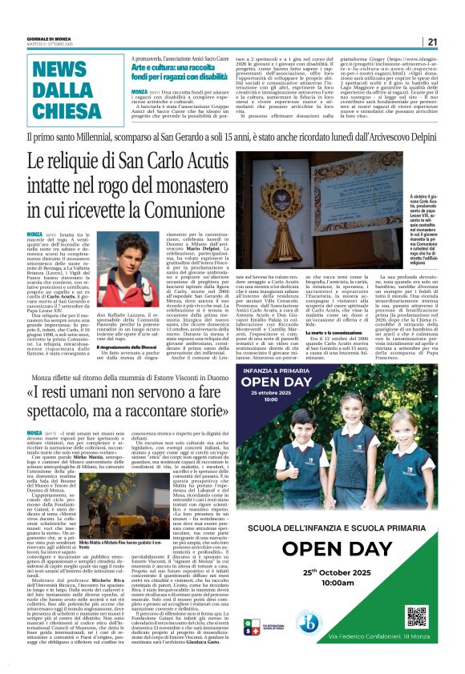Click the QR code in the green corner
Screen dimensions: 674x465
tap(438, 617)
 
